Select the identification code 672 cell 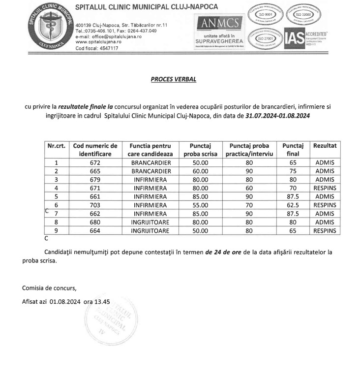coord(95,163)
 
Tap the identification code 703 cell coord(95,205)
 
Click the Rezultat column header coord(325,146)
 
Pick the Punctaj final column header coord(293,150)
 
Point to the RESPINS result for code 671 coord(325,188)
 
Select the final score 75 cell coord(293,171)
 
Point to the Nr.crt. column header coord(56,146)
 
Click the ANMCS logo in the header coord(219,23)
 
